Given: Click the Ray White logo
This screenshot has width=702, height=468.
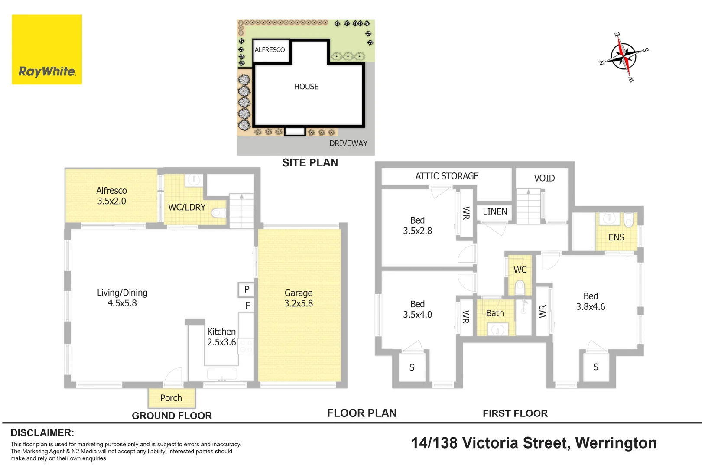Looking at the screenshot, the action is [x=47, y=49].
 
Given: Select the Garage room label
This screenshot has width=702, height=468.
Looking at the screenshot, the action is [x=298, y=298].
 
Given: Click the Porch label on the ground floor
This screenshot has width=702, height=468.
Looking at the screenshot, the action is [x=171, y=398].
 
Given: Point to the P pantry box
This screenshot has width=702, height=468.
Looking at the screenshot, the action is [x=246, y=289].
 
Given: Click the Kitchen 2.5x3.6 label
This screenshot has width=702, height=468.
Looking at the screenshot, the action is [x=221, y=337].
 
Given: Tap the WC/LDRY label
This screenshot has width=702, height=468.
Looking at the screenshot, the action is [x=187, y=207].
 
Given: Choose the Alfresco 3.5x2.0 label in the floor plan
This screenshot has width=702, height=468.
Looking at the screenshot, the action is [x=111, y=195].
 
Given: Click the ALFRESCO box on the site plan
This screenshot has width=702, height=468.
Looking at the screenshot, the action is [x=271, y=51].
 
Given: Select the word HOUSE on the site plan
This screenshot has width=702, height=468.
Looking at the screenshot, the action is [x=306, y=87].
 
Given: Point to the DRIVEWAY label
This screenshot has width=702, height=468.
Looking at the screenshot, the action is [x=348, y=143].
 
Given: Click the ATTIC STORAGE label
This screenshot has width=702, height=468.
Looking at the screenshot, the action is [x=447, y=176].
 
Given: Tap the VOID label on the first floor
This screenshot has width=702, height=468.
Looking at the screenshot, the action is [x=544, y=178].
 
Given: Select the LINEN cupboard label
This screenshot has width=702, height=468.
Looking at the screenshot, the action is [x=495, y=211].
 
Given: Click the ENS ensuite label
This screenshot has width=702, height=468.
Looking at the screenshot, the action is [x=617, y=237].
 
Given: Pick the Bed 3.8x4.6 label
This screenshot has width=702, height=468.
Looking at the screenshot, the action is [x=591, y=301].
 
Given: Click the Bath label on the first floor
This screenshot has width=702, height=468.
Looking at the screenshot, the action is [x=495, y=313].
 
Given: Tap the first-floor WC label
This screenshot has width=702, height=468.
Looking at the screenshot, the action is [x=520, y=270].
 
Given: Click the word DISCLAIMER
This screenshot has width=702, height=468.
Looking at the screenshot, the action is [x=42, y=433].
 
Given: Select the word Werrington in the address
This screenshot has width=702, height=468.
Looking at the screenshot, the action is [x=616, y=443].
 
